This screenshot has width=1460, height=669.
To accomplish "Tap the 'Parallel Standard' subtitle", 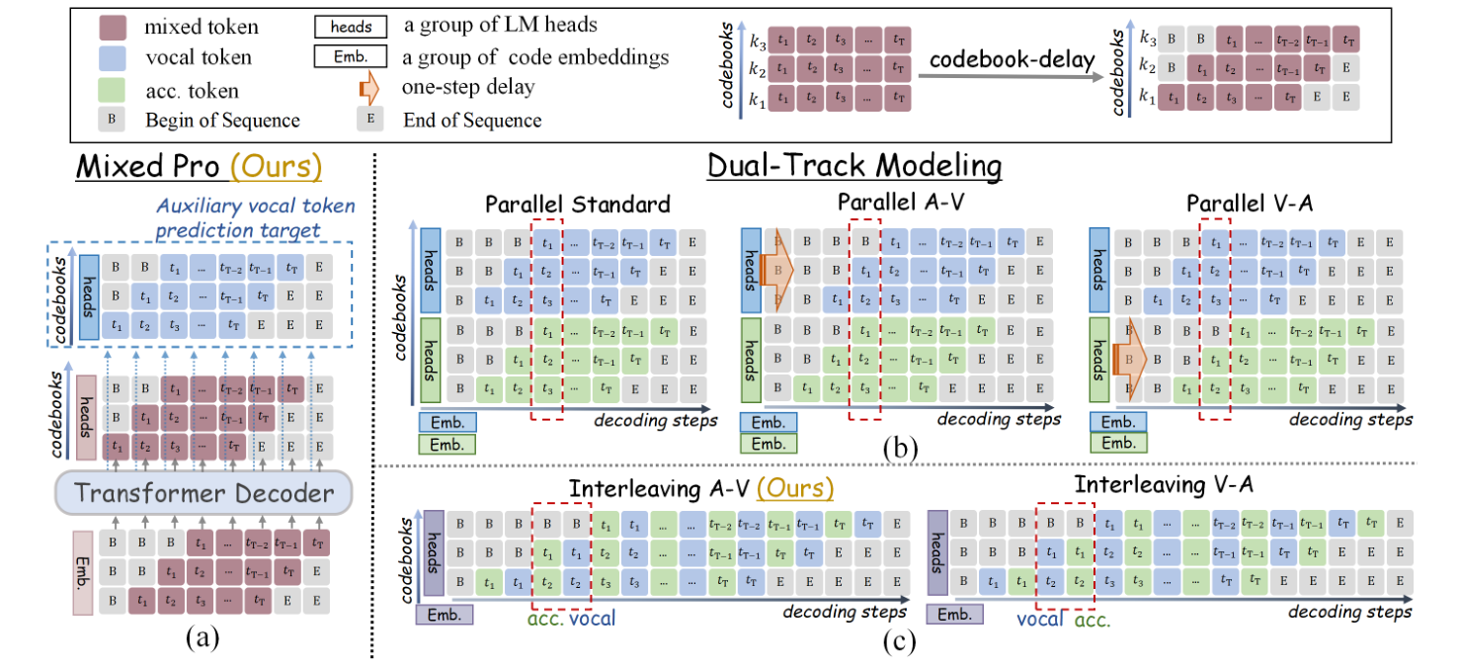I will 578,204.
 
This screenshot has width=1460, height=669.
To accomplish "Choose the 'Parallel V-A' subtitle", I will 1238,203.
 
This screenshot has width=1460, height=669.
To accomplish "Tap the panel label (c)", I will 901,640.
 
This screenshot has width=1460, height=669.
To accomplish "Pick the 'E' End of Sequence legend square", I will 368,120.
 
